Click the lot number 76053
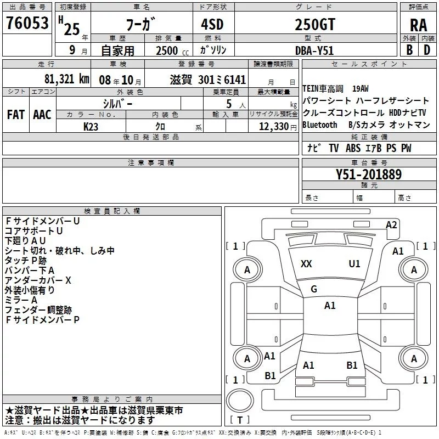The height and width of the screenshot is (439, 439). (26, 23)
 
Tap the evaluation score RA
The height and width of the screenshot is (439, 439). (418, 25)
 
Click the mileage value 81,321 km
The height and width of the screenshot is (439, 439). (66, 78)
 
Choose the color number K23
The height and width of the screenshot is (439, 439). (91, 126)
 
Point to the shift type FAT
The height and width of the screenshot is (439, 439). (15, 115)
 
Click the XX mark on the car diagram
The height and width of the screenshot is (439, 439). (306, 264)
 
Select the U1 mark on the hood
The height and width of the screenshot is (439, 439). (354, 264)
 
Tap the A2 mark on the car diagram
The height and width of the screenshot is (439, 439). (391, 225)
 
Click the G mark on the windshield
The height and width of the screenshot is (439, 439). (314, 289)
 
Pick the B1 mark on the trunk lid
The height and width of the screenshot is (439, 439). (352, 365)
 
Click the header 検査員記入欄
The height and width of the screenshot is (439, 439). (112, 211)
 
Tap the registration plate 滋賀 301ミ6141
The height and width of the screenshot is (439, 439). (208, 79)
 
